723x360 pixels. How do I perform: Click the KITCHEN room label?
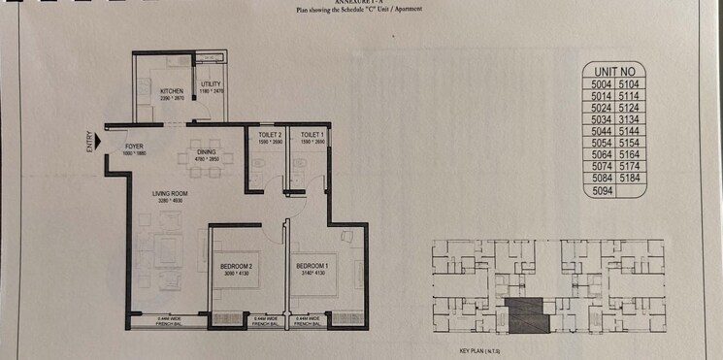(x=172, y=91)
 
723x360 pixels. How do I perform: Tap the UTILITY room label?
(x=211, y=84)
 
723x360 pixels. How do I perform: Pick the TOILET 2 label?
(x=270, y=134)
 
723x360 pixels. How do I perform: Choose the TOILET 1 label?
(x=312, y=134)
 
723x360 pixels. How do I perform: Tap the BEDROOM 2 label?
(x=238, y=265)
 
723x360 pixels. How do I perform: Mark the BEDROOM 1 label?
(x=312, y=265)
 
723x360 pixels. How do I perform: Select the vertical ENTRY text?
(x=89, y=143)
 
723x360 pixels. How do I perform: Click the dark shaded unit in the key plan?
(x=525, y=314)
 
